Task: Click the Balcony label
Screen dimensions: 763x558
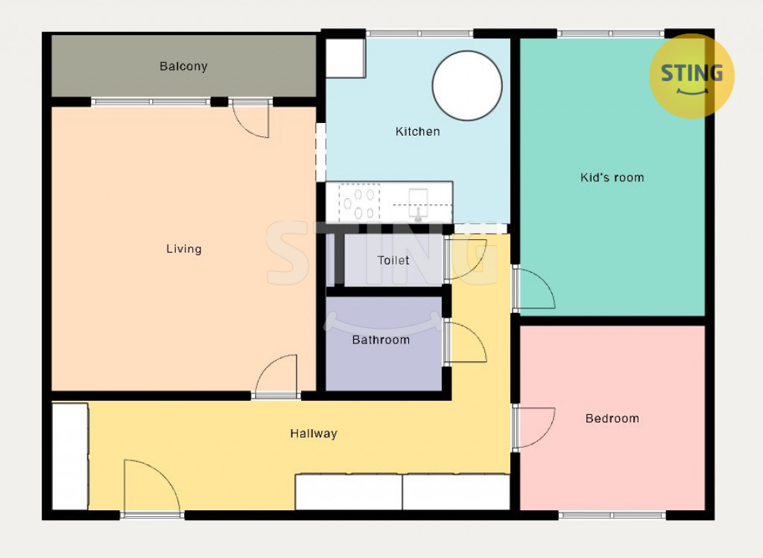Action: (183, 66)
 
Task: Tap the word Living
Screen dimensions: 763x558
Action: (184, 249)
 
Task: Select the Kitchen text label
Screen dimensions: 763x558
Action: (417, 131)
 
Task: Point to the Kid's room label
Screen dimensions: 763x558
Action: (612, 177)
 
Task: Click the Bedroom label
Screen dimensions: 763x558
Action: (612, 419)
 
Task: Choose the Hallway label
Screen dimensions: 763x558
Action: (314, 434)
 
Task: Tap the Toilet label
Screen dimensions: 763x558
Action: (393, 260)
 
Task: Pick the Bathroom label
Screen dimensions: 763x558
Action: (381, 340)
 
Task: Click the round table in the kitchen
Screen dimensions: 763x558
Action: (467, 86)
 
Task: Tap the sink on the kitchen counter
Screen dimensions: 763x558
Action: (418, 203)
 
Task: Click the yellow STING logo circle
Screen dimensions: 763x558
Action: (691, 76)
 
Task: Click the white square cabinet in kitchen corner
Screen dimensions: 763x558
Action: (346, 58)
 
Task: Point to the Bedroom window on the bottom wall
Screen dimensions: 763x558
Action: (612, 515)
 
